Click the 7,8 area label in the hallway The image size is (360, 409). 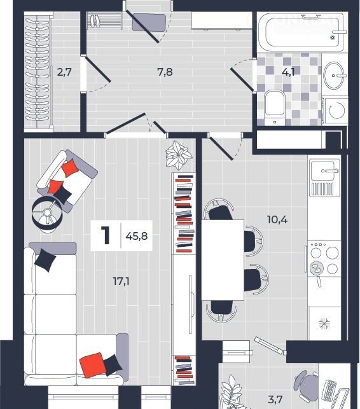[165, 72]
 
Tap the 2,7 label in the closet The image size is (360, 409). [64, 72]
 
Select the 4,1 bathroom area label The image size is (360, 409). [288, 72]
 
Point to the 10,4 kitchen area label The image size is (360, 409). [277, 219]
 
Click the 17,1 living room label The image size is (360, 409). [121, 281]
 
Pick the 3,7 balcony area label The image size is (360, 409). [275, 399]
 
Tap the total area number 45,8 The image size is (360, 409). [137, 236]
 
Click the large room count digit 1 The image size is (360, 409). [106, 235]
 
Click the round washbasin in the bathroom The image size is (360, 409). [333, 76]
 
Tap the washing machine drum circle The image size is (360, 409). [336, 110]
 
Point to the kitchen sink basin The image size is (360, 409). [324, 170]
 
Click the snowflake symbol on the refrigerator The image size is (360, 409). [324, 324]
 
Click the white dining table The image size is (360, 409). [223, 260]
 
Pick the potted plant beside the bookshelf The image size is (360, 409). [179, 155]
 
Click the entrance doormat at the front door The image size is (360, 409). [149, 23]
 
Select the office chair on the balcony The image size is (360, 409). [306, 384]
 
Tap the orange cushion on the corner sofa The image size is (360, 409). [91, 365]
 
